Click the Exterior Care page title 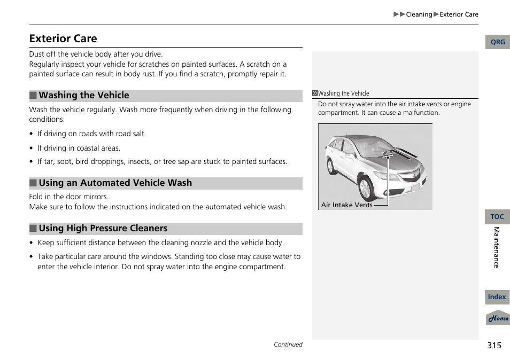[63, 38]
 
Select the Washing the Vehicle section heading [83, 96]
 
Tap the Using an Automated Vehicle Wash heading [115, 183]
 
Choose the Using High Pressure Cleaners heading [103, 229]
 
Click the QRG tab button [497, 42]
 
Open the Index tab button [497, 297]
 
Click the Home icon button [498, 318]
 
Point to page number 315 [494, 346]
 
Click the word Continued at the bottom [288, 345]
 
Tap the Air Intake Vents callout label [346, 205]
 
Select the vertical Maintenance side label [496, 247]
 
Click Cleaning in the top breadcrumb [419, 14]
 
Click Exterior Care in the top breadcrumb [459, 14]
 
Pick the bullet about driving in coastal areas [79, 148]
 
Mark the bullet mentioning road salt [91, 134]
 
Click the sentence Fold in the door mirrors [68, 197]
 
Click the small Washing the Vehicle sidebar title [343, 93]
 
